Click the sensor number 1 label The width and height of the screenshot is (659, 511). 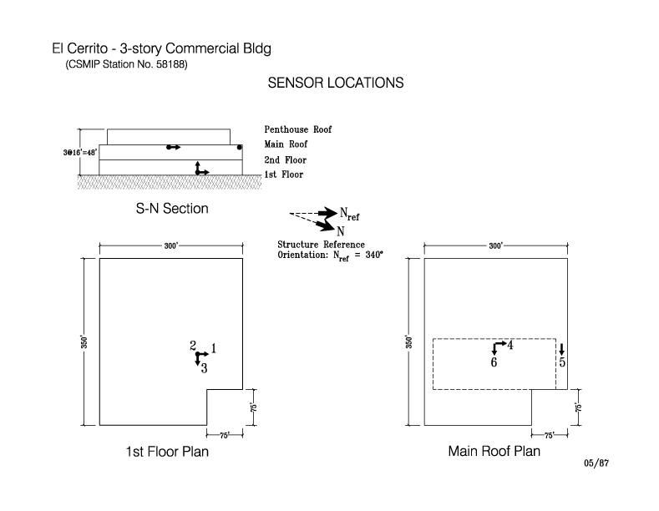(x=214, y=347)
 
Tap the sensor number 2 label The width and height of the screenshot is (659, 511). (x=193, y=346)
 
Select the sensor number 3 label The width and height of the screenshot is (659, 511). (x=204, y=367)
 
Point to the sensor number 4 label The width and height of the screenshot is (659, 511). (x=510, y=345)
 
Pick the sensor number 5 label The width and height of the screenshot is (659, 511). (x=562, y=362)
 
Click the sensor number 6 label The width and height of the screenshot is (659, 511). (x=494, y=362)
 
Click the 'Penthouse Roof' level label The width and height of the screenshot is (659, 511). (x=297, y=130)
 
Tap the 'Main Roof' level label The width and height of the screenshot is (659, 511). (x=286, y=144)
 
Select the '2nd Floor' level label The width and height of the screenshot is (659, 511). (x=285, y=159)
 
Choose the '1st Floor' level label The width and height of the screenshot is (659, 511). (x=284, y=175)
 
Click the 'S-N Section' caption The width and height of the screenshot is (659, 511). (x=172, y=209)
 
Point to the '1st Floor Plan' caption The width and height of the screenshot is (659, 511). (x=167, y=452)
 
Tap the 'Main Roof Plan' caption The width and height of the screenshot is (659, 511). (x=494, y=452)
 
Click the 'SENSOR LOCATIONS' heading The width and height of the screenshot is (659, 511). (x=336, y=83)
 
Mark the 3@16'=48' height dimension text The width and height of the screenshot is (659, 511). (x=56, y=152)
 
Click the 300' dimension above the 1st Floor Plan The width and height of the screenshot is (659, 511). (x=171, y=246)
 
